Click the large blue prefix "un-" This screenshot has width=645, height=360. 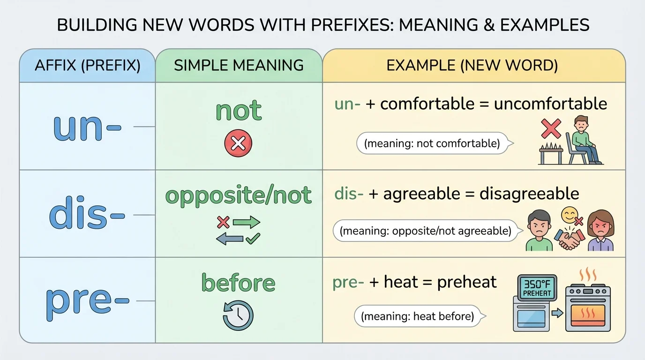tap(87, 126)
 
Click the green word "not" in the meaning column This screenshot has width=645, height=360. tap(238, 111)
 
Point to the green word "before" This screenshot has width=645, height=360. tap(238, 283)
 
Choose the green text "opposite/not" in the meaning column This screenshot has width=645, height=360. tap(238, 195)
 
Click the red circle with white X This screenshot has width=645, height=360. tap(238, 143)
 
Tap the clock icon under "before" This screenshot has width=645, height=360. tap(238, 315)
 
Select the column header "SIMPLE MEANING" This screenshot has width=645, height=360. tap(238, 65)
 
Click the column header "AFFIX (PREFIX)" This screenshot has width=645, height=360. tap(87, 65)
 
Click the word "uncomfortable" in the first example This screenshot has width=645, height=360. tap(550, 104)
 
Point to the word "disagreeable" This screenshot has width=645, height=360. tap(529, 193)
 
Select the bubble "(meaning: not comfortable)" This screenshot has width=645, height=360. tap(433, 143)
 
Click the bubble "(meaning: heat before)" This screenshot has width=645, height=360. tap(417, 316)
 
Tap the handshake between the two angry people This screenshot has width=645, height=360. tap(568, 239)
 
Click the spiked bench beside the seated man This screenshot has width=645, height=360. tap(551, 153)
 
